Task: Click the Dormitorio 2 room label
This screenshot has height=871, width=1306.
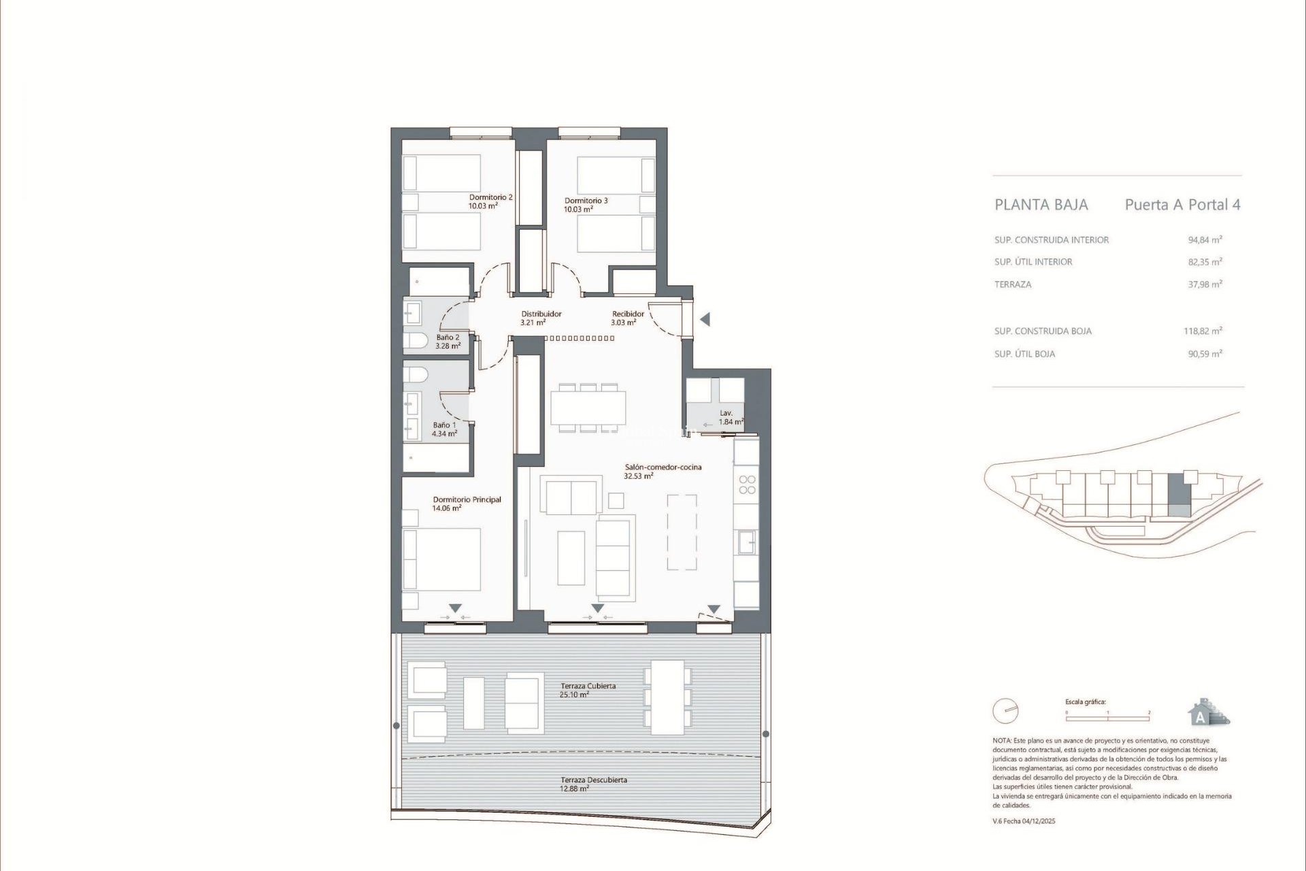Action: click(x=490, y=197)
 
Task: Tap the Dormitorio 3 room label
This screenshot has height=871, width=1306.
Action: click(x=586, y=201)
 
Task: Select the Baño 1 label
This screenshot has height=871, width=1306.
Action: click(x=444, y=425)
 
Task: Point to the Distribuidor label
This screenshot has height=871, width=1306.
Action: click(x=541, y=314)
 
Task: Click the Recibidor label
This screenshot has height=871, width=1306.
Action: click(x=627, y=314)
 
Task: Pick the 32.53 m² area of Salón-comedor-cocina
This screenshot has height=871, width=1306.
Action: click(x=638, y=476)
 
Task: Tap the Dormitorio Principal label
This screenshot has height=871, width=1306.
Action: click(x=467, y=499)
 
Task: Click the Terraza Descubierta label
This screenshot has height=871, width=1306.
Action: click(x=593, y=780)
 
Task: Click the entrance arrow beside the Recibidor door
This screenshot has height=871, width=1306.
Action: click(x=705, y=319)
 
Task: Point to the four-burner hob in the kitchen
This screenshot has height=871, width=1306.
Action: click(x=747, y=484)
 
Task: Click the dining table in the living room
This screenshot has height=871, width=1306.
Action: click(x=588, y=408)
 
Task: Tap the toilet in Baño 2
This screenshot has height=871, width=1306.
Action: click(x=415, y=339)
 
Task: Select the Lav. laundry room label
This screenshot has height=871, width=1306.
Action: click(x=726, y=413)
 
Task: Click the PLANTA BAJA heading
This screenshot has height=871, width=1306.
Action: click(x=1041, y=205)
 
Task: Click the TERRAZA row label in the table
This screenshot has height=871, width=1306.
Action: click(x=1012, y=284)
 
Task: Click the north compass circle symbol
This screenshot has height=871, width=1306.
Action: click(x=1005, y=712)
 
